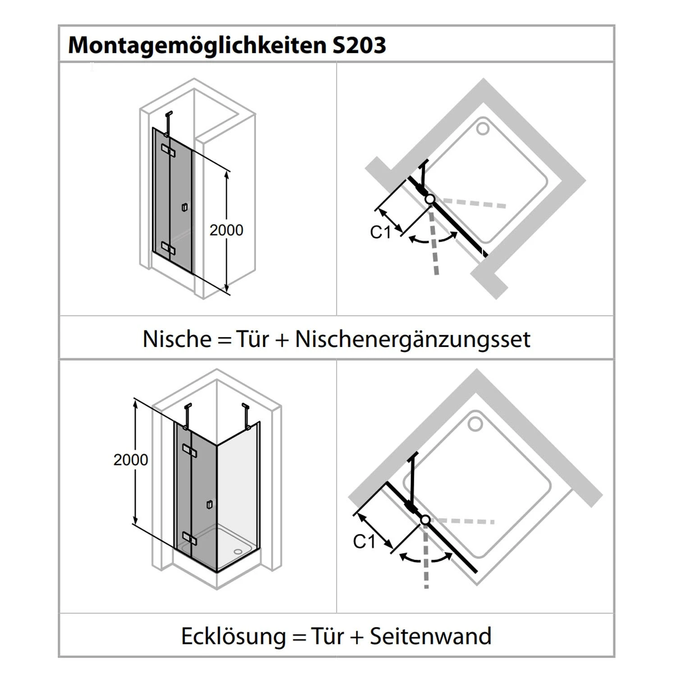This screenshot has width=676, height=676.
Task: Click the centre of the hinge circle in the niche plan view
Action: pos(429,199)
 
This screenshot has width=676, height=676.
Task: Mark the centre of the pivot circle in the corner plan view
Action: pos(425,520)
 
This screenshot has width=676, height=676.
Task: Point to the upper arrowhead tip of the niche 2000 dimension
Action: pos(227,172)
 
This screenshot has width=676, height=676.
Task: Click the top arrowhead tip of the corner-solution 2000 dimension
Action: pos(134,399)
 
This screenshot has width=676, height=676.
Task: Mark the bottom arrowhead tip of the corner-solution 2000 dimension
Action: pos(134,524)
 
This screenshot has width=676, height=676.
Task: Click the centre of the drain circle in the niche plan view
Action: pos(483,129)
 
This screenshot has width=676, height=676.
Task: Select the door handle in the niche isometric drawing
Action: pos(183,207)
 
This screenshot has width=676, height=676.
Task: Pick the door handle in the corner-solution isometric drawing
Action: pos(209,505)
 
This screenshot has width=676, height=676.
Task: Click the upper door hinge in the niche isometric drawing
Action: pos(168,151)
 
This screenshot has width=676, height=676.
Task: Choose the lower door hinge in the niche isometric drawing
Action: pos(168,247)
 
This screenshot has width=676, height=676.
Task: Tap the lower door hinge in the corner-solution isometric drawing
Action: pos(189,537)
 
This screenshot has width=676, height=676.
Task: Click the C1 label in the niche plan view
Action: pos(381,233)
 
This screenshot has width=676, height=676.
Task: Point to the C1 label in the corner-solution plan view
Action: pos(364,542)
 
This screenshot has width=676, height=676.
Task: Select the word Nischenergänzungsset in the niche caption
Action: pos(413,339)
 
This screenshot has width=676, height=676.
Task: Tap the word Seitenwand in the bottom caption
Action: pos(430,636)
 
